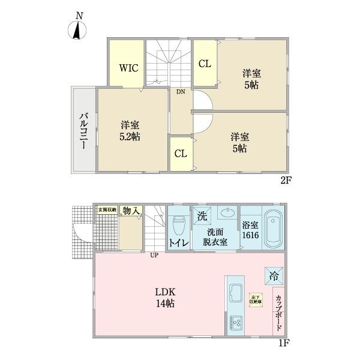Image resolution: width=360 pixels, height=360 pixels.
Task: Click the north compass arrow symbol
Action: coord(76,30)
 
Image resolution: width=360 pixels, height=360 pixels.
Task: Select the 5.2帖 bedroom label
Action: coord(130,131)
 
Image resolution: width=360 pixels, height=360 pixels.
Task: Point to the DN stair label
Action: coord(180,92)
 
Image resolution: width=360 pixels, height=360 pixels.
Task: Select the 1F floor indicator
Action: coord(284,343)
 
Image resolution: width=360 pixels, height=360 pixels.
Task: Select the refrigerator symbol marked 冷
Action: coord(273,276)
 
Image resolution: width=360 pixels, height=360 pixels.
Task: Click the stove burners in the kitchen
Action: coord(235,322)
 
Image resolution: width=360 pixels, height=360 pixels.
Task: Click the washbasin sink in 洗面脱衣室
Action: coord(228,213)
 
